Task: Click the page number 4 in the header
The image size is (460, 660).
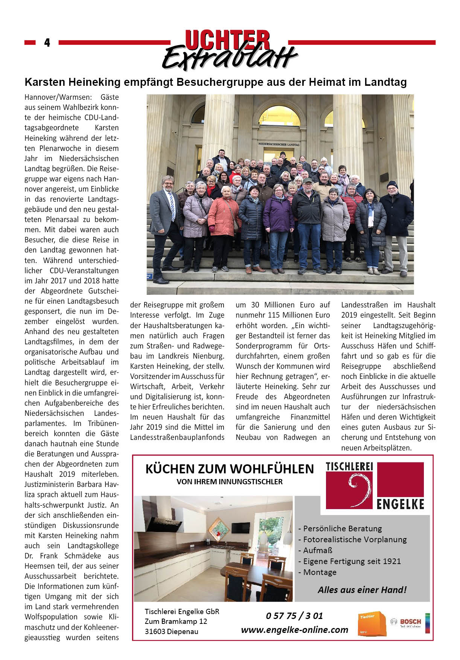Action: point(47,43)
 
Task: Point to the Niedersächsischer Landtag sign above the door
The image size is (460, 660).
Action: point(279,144)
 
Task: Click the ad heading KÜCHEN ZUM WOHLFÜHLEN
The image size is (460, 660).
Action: point(229,469)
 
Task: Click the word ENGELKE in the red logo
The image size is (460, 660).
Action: point(400,504)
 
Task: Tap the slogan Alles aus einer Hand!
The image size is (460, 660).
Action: point(362,590)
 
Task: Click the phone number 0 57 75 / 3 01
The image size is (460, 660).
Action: point(294,616)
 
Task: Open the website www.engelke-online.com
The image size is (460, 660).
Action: point(294,630)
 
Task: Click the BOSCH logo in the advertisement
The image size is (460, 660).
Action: point(407,622)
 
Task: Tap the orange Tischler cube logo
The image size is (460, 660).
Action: point(372,623)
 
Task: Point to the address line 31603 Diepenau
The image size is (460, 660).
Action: point(171,631)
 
